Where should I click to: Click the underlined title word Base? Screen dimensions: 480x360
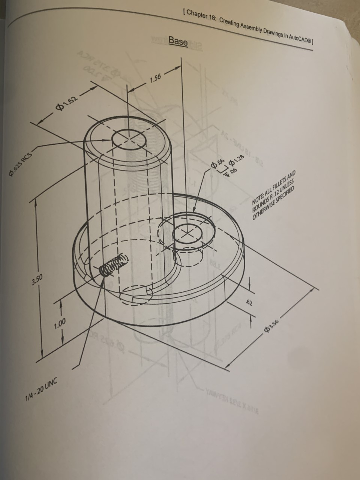pyautogui.click(x=178, y=41)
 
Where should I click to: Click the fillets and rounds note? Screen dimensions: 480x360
pyautogui.click(x=274, y=195)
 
